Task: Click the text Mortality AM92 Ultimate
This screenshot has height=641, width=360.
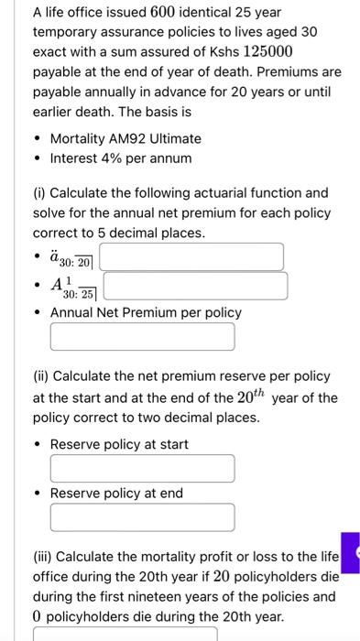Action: coord(125,138)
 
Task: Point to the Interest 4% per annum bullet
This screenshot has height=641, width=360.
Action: coord(121,158)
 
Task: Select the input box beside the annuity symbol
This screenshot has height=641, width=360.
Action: coord(191,256)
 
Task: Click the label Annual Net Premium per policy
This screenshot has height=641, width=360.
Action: coord(146,312)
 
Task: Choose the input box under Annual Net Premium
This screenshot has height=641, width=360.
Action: coord(142,336)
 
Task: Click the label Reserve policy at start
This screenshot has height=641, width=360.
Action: coord(119,444)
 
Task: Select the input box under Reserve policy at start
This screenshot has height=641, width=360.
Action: coord(142,469)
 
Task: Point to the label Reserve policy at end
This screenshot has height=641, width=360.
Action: coord(116,493)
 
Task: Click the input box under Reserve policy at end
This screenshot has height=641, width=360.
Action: coord(142,517)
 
